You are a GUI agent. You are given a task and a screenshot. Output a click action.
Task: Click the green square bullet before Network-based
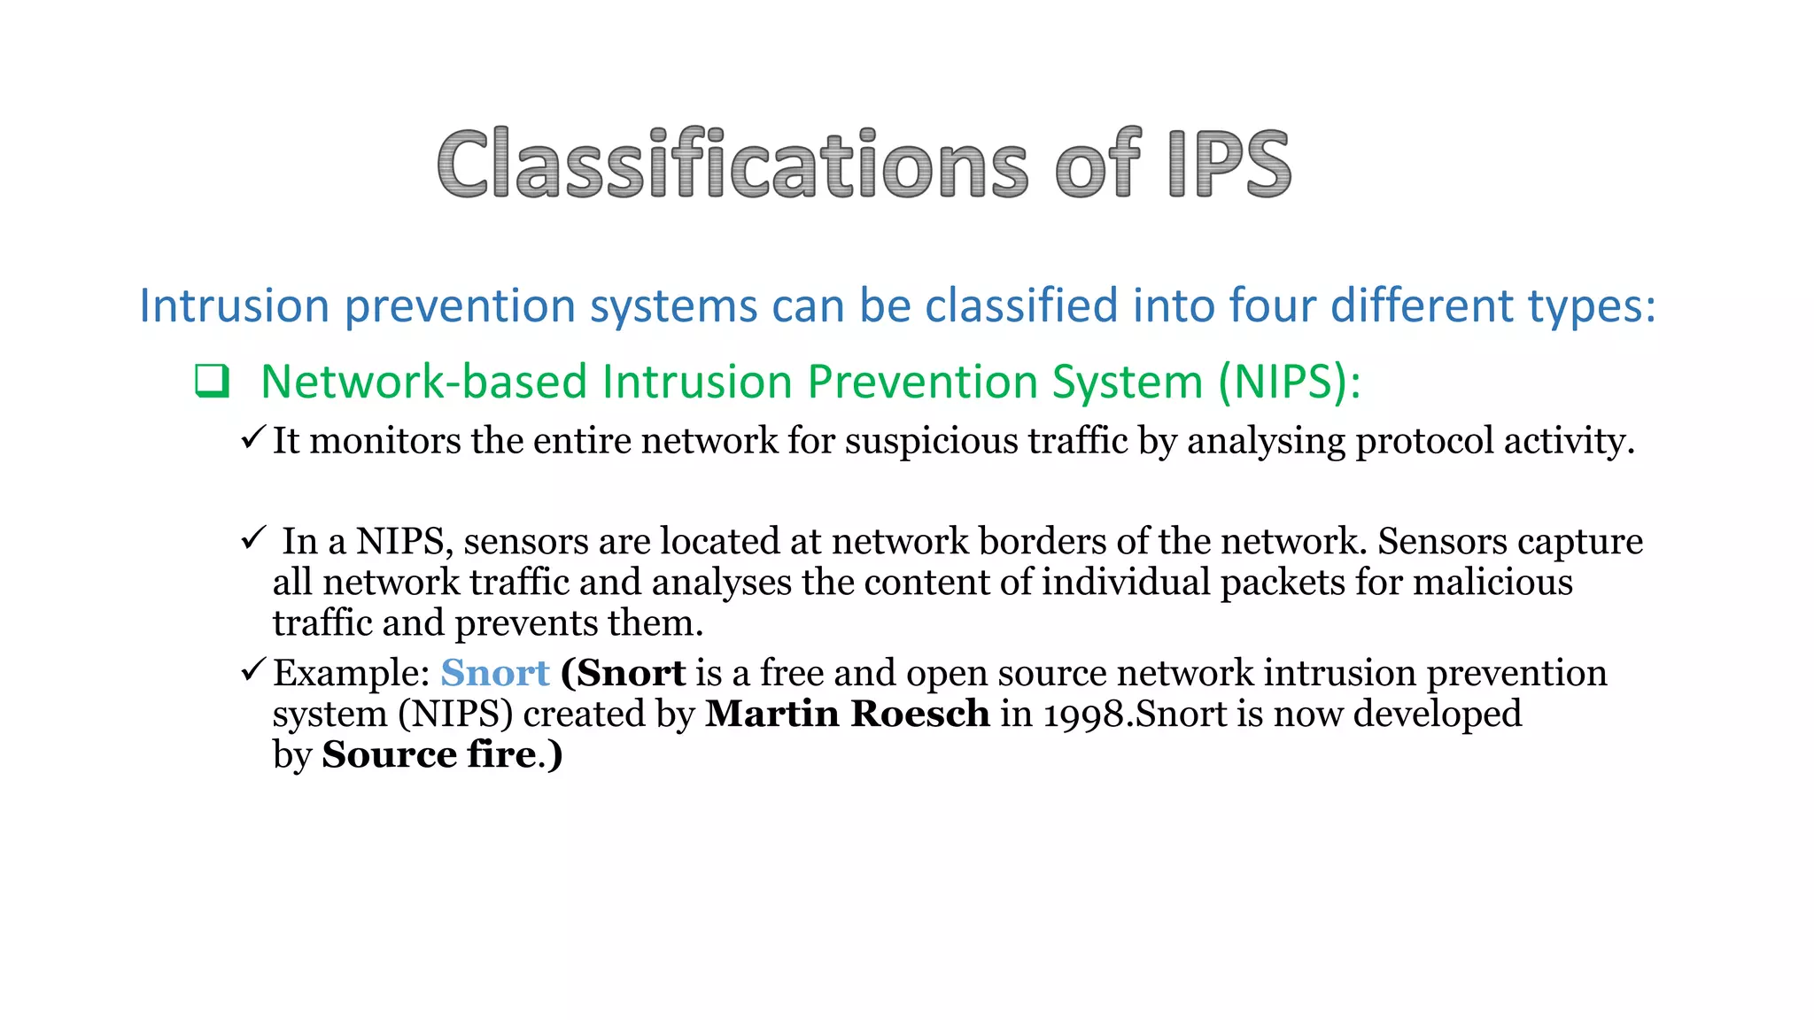click(x=213, y=382)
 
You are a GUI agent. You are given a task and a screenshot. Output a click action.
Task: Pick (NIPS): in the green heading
click(x=1289, y=382)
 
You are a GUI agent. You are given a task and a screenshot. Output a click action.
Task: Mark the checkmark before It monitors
click(x=253, y=437)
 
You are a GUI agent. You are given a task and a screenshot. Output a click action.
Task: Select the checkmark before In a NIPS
click(x=253, y=537)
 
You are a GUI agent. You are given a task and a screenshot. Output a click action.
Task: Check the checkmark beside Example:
click(x=253, y=669)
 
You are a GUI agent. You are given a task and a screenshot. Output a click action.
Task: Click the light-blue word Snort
click(x=495, y=674)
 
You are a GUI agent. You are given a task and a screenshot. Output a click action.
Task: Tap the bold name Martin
click(x=771, y=715)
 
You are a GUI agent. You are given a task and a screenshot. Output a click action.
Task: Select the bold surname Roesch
click(x=920, y=715)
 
